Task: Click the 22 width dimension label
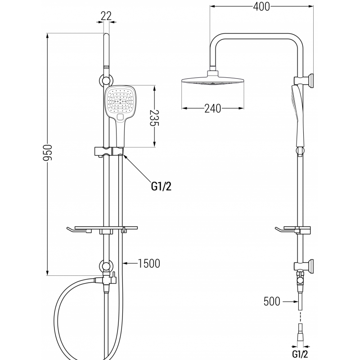(x=106, y=16)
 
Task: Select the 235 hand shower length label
(x=154, y=116)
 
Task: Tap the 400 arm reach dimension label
(x=261, y=7)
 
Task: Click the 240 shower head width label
(x=212, y=108)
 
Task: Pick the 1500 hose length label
(x=149, y=263)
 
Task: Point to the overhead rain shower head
(x=212, y=82)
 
